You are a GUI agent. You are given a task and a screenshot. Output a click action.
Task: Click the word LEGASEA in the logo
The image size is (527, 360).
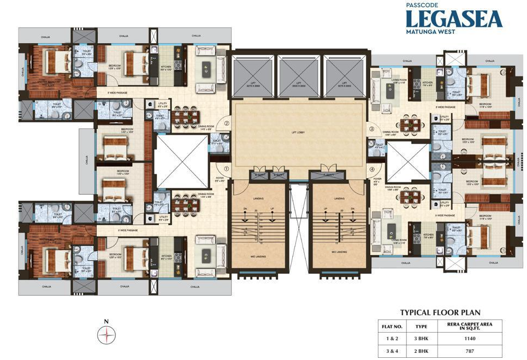(x=454, y=19)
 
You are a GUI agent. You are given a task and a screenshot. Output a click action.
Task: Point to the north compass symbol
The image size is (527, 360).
(x=106, y=335)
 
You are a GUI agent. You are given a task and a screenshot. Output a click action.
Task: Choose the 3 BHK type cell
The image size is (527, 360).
(x=421, y=339)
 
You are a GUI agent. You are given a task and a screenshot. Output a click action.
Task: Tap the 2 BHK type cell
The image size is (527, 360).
(x=421, y=352)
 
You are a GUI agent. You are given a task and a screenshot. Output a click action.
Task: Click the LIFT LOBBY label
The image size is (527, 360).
(x=298, y=133)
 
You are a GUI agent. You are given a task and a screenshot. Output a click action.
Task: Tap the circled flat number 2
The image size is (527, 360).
(x=226, y=123)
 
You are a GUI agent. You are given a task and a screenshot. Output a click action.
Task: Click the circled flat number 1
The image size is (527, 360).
(x=226, y=169)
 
